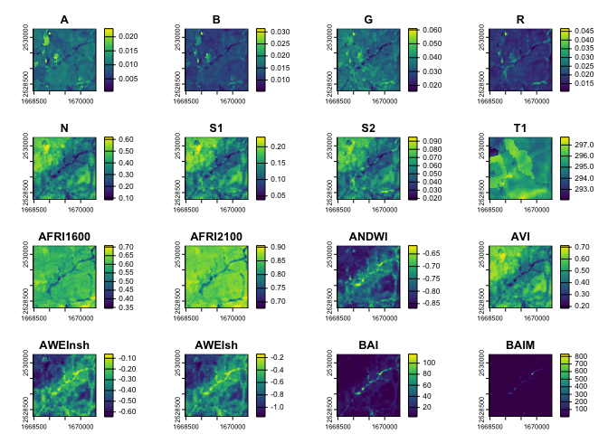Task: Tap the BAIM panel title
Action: pos(519,344)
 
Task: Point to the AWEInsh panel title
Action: pos(63,344)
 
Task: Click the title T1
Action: pos(519,127)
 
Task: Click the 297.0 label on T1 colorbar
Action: pos(582,143)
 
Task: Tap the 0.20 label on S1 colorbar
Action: pos(277,146)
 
